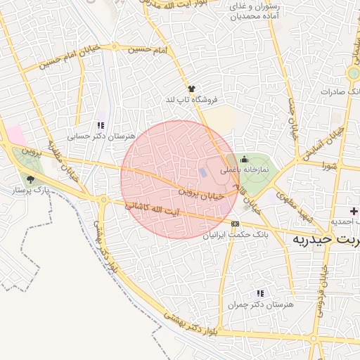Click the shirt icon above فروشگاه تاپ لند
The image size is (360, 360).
(x=191, y=89)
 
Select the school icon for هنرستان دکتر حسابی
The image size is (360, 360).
(x=101, y=125)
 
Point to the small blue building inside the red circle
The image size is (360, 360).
(x=202, y=172)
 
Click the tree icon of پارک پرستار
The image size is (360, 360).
(x=29, y=179)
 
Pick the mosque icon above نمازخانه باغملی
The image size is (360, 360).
(x=244, y=160)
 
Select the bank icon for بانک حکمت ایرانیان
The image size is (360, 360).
(x=235, y=224)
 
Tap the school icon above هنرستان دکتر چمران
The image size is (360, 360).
(x=259, y=293)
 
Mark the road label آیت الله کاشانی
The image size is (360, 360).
(x=152, y=210)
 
